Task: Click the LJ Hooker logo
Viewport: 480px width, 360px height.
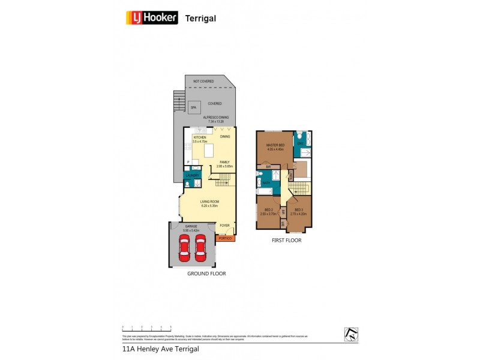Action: coord(152,17)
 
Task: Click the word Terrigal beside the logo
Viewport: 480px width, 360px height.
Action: coord(200,19)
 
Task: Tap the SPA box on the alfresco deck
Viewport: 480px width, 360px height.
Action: coord(193,108)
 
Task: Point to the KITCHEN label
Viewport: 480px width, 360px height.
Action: coord(200,137)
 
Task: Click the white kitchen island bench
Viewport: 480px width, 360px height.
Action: coord(209,151)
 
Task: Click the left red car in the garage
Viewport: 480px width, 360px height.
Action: coord(184,247)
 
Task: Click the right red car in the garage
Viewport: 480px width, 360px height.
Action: coord(200,247)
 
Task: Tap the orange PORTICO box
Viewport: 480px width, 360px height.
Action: coord(225,239)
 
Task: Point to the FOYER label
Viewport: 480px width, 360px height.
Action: coord(224,226)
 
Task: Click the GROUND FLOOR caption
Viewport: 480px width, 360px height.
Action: coord(206,273)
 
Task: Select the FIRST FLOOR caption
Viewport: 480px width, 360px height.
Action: coord(286,240)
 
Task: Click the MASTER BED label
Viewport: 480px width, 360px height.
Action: coord(275,145)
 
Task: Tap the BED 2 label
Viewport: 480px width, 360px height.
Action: coord(268,209)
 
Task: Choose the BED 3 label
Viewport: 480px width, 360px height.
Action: coord(298,209)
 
